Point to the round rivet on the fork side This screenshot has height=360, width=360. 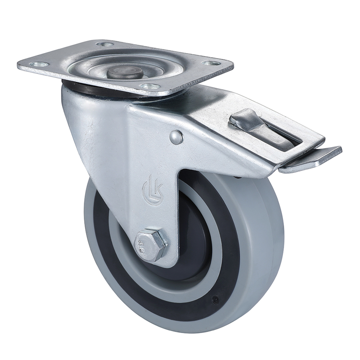176,137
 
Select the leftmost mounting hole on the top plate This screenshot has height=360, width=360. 39,64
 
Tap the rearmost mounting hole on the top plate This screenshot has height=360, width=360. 105,44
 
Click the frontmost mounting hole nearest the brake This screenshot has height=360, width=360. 150,86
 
